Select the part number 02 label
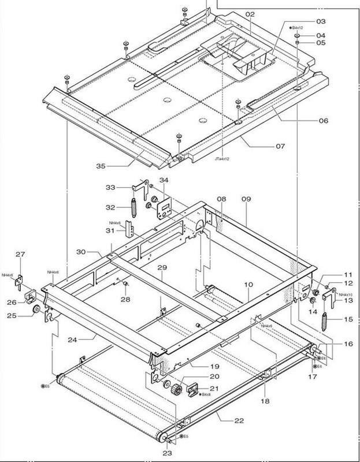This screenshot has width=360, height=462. (x=250, y=13)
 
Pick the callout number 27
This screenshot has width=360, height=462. (x=20, y=254)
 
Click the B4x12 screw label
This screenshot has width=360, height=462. (x=297, y=28)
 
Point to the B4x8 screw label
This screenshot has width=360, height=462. (x=205, y=394)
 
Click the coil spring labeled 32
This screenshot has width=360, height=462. (x=133, y=206)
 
